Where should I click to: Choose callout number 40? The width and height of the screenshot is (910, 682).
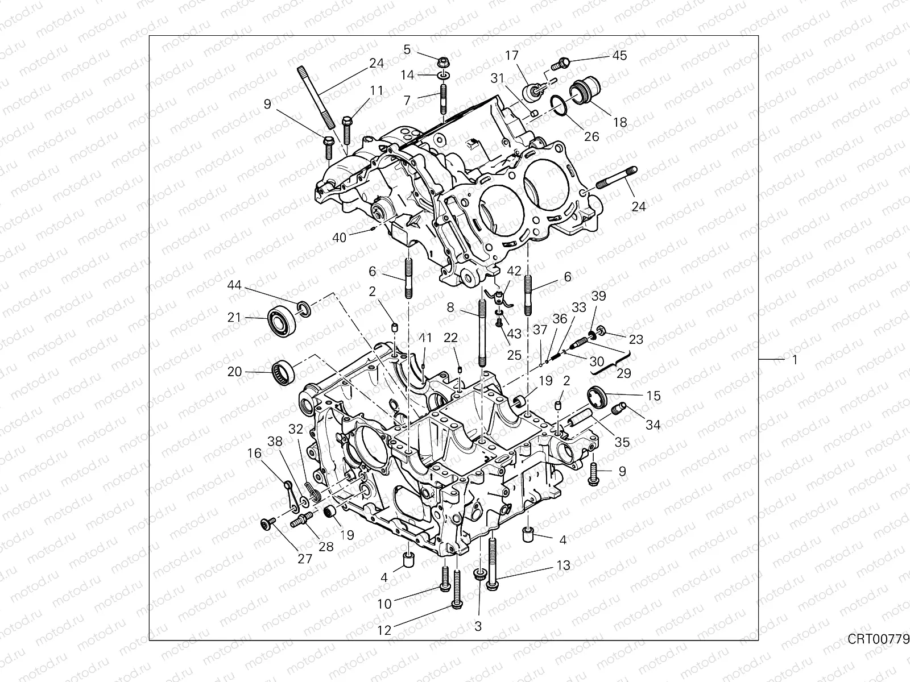pos(339,238)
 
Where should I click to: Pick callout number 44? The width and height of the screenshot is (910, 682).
pos(234,285)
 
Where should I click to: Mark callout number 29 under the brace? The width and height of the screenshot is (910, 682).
pos(623,373)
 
